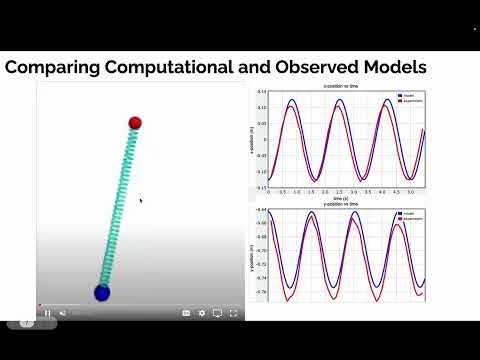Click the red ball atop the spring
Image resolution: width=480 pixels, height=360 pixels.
(136, 123)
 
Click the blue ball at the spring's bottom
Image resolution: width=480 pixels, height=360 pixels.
(101, 292)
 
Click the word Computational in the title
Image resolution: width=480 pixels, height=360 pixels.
(172, 67)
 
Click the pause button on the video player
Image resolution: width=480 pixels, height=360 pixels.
(47, 313)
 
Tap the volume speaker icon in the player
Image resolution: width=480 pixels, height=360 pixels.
(62, 313)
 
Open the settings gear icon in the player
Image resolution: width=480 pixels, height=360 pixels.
(202, 313)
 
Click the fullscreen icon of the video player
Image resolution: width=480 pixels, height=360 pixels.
(234, 313)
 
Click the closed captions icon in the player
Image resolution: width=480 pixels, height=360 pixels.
(186, 313)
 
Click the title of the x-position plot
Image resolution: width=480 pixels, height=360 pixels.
(342, 87)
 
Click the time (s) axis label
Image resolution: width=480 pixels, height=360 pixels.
(342, 198)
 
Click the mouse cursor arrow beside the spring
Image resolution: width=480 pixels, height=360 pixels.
(140, 200)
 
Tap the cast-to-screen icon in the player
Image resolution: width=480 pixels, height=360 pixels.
(218, 313)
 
